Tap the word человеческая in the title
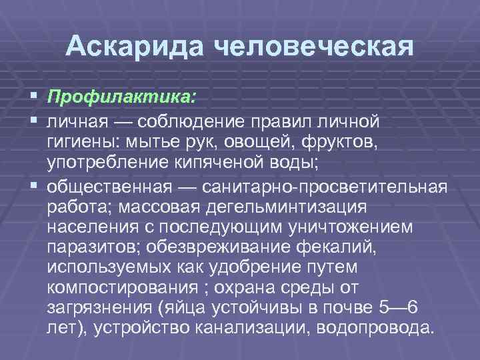[312, 47]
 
